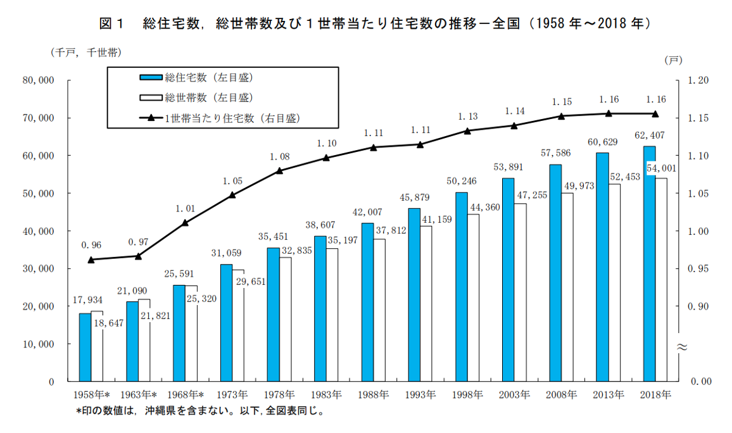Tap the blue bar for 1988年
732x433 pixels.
pyautogui.click(x=367, y=302)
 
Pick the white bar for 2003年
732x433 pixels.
pyautogui.click(x=520, y=292)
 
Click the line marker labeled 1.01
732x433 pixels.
pyautogui.click(x=185, y=223)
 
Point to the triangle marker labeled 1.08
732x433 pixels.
pyautogui.click(x=279, y=171)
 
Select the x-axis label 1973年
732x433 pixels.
pyautogui.click(x=232, y=395)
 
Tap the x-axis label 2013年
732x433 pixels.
pyautogui.click(x=609, y=395)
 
